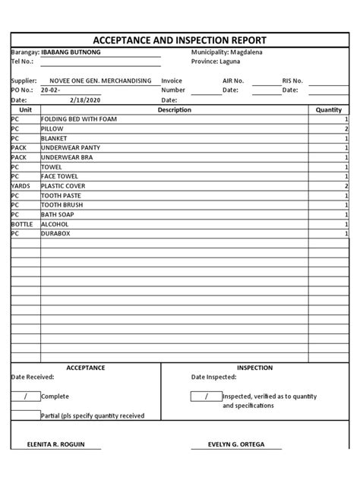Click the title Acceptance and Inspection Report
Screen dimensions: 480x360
click(179, 40)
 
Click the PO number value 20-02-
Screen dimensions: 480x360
click(50, 90)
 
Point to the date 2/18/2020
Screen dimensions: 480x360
click(84, 99)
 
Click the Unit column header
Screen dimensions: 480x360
click(24, 110)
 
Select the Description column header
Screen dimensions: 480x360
click(174, 110)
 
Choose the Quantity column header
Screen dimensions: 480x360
click(329, 110)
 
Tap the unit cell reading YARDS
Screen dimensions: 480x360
click(21, 186)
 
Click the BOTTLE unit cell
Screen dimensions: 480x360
click(23, 224)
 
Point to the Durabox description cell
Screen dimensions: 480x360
click(56, 234)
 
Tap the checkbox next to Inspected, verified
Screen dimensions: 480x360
click(206, 396)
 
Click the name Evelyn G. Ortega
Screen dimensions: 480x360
click(236, 444)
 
